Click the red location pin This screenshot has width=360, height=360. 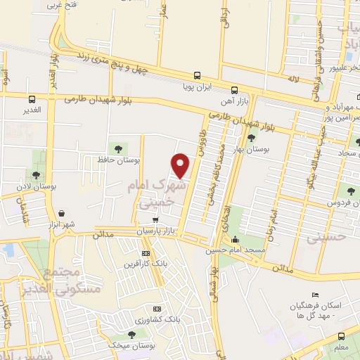(x=181, y=165)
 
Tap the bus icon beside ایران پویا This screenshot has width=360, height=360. (x=197, y=76)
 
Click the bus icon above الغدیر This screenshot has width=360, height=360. (x=32, y=100)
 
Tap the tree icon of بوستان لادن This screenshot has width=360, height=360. (x=37, y=175)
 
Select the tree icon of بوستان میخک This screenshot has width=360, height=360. (x=131, y=333)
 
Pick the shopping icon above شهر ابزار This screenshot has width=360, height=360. (x=62, y=212)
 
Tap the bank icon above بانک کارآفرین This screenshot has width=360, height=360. (x=146, y=253)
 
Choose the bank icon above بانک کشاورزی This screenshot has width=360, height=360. (x=156, y=309)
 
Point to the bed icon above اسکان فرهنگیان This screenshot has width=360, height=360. (x=315, y=295)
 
